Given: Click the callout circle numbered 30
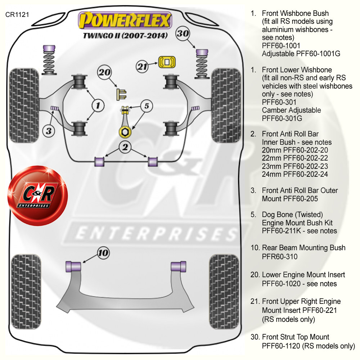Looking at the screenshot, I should point(183,34).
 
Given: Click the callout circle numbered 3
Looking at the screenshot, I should point(49,131).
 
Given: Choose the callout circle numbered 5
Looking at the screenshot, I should point(147,106).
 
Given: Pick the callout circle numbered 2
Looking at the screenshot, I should point(125,147).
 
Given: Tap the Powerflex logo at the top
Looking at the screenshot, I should point(125,21).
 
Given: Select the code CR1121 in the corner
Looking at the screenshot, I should point(17,15).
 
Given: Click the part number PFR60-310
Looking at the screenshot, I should point(280,257).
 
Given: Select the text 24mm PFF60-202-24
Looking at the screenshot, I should point(295,175).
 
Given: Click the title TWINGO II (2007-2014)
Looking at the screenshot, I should point(125,36).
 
